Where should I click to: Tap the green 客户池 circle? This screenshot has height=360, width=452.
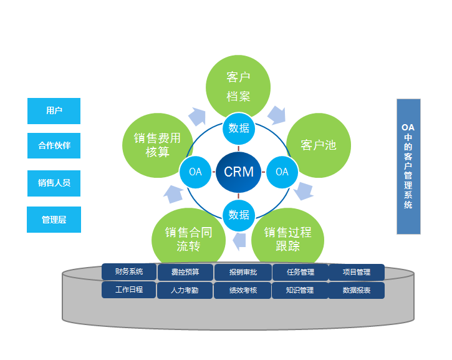pyautogui.click(x=318, y=145)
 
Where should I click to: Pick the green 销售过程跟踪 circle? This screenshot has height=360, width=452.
pyautogui.click(x=287, y=239)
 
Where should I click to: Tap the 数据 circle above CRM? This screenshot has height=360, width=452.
pyautogui.click(x=239, y=129)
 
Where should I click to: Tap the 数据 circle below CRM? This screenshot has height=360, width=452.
pyautogui.click(x=239, y=215)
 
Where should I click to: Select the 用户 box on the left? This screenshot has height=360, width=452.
pyautogui.click(x=54, y=111)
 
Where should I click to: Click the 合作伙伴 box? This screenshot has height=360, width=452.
pyautogui.click(x=54, y=146)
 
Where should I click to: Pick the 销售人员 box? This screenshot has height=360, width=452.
pyautogui.click(x=54, y=183)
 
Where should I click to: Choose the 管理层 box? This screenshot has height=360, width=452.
pyautogui.click(x=54, y=220)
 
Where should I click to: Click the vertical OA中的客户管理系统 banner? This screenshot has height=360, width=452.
pyautogui.click(x=408, y=166)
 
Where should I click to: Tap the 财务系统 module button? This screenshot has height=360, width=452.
pyautogui.click(x=129, y=272)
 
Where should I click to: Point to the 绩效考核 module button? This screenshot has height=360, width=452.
pyautogui.click(x=243, y=291)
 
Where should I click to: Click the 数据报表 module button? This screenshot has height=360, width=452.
pyautogui.click(x=357, y=291)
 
